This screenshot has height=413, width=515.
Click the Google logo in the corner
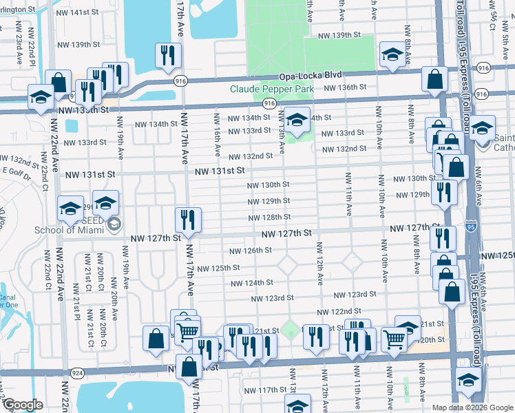pyautogui.click(x=23, y=405)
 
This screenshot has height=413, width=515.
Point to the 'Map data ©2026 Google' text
pyautogui.click(x=472, y=407)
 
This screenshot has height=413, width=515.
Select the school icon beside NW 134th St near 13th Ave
pyautogui.click(x=297, y=120)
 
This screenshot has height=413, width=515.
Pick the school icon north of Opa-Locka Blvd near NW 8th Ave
pyautogui.click(x=392, y=55)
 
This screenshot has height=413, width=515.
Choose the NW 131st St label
pyautogui.click(x=218, y=171)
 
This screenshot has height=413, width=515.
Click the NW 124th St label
pyautogui.click(x=252, y=283)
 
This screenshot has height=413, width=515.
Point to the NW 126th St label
pyautogui.click(x=251, y=251)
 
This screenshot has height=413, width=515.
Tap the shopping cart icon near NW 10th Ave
pyautogui.click(x=393, y=338)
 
